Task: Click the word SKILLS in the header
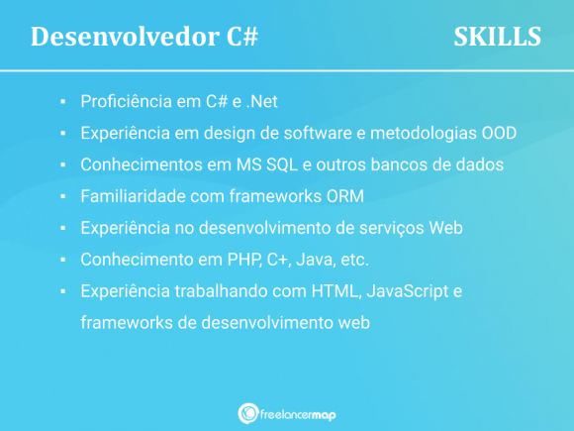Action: [x=497, y=37]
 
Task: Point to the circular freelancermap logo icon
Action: [x=248, y=413]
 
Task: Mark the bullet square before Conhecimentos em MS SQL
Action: [x=61, y=165]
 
